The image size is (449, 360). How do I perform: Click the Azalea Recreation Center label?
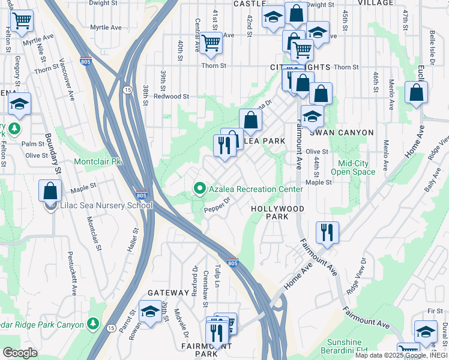256,189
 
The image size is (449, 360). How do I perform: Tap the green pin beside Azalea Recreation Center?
200,189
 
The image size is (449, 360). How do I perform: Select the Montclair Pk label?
97,162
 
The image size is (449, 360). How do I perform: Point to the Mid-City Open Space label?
357,167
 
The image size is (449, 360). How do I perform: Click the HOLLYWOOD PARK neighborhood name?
277,212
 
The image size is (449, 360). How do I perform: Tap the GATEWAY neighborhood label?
168,293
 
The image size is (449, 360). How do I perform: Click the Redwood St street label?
171,96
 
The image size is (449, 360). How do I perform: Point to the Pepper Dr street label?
217,205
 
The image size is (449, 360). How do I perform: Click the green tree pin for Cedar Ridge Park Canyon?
92,324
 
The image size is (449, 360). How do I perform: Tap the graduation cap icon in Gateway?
149,311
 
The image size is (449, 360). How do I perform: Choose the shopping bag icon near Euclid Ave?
417,92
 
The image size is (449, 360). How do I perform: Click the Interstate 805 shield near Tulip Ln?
233,263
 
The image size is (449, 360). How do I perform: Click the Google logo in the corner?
20,353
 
